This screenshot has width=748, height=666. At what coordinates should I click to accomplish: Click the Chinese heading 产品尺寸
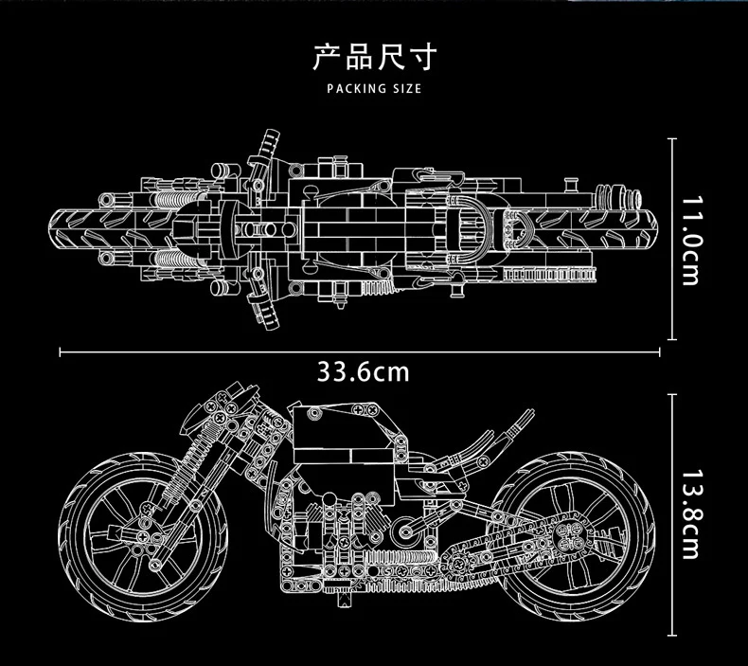[x=373, y=59]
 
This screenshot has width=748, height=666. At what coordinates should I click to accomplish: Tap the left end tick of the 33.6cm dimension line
[x=61, y=351]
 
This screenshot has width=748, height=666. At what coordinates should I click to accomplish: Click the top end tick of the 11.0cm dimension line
[x=672, y=139]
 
